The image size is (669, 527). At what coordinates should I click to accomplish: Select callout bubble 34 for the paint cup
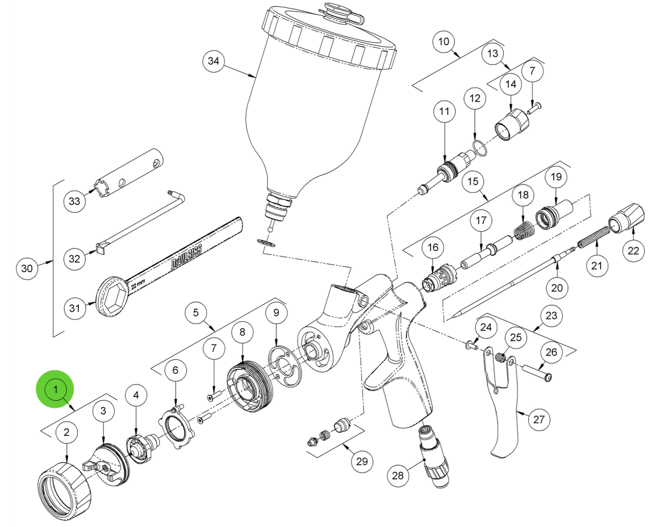(214, 61)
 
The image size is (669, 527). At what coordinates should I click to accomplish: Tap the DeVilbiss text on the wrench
(187, 256)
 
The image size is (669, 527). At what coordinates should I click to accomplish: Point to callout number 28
(398, 475)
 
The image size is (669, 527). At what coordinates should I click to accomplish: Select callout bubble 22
(633, 250)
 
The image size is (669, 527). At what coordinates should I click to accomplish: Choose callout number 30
(27, 268)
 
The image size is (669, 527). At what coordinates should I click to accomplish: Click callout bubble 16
(433, 247)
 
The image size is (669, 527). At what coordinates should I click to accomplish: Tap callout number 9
(276, 312)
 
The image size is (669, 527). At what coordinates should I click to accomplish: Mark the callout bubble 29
(362, 461)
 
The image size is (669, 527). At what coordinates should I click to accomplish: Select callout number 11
(444, 111)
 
